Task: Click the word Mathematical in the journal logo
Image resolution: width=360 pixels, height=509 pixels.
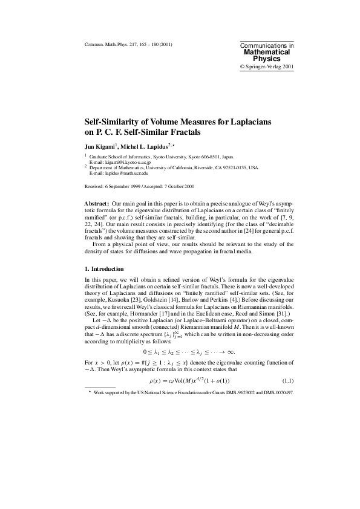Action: pyautogui.click(x=267, y=52)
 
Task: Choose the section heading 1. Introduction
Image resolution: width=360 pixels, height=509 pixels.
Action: pyautogui.click(x=104, y=269)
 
